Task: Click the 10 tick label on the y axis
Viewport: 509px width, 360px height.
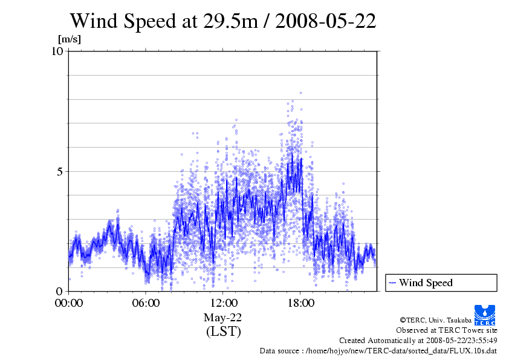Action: (57, 51)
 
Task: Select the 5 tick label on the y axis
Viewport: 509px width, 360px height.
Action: (60, 171)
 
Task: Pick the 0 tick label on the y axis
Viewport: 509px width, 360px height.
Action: (60, 291)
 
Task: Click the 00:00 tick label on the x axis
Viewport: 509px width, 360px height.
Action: (69, 303)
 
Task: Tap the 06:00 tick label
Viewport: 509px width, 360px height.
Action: (146, 303)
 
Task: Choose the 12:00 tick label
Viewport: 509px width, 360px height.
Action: (223, 303)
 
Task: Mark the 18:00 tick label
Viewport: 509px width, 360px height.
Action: (300, 303)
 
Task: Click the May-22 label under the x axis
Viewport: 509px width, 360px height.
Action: (223, 318)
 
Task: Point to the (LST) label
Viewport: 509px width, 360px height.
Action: (223, 332)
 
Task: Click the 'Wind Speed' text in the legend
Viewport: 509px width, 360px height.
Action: (426, 283)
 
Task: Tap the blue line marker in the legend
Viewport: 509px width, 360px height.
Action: (392, 283)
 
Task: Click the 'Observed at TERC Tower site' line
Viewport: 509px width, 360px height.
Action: (446, 330)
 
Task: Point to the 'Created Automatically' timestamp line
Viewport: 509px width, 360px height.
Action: (418, 341)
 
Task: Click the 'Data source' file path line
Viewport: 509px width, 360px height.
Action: (378, 350)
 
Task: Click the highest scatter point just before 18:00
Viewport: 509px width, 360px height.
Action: (300, 93)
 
